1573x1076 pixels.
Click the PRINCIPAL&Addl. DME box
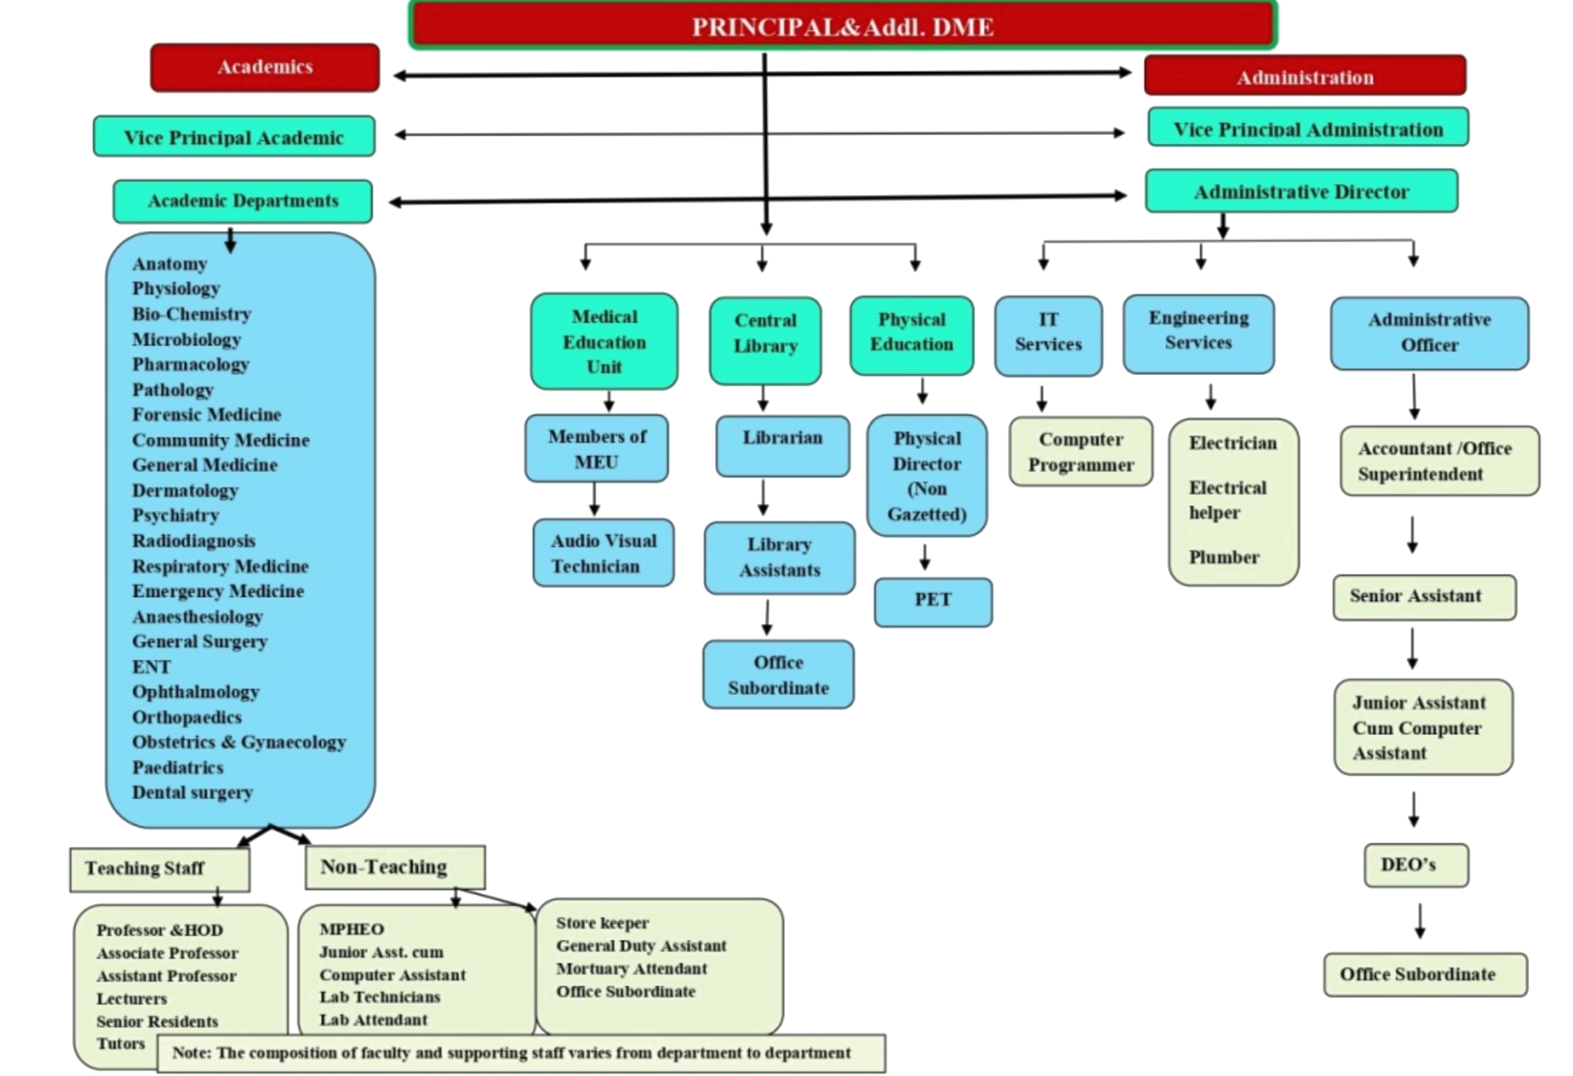pos(842,26)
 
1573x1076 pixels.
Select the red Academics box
pos(265,67)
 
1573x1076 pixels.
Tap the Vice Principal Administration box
pos(1307,129)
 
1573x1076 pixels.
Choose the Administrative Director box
pos(1301,191)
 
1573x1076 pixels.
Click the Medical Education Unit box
pos(604,342)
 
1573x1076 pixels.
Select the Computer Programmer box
pos(1080,452)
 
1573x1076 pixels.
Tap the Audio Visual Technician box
pos(603,553)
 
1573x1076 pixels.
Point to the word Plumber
pos(1224,557)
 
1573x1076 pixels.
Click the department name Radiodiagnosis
pos(194,541)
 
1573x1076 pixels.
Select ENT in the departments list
pos(151,667)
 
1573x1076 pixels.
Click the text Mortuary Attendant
pos(631,969)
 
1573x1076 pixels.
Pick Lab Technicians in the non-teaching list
pos(379,997)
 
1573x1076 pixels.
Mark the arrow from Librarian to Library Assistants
pos(763,499)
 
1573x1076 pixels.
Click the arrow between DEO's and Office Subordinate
pos(1419,921)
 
